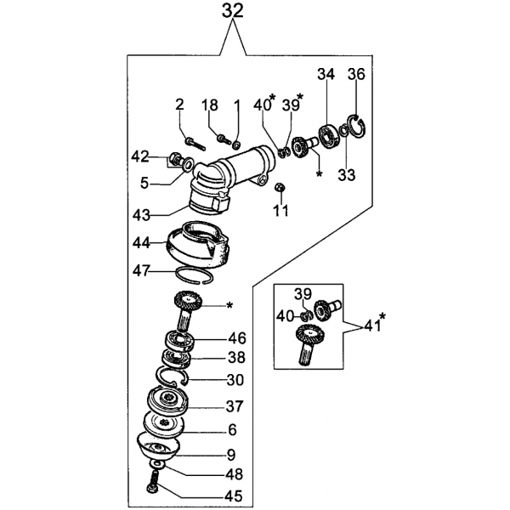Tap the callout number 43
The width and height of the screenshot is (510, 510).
[x=141, y=215]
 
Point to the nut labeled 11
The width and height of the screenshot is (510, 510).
[x=280, y=188]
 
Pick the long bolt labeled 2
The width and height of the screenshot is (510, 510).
[x=195, y=144]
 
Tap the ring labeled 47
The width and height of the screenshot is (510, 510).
[x=195, y=275]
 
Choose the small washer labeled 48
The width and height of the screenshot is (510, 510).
[x=158, y=464]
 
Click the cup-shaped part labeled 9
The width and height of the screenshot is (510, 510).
[x=158, y=446]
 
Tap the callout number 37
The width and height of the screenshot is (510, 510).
[x=235, y=406]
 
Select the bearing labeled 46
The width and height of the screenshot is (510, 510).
[x=180, y=341]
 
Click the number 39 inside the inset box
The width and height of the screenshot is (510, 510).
[x=303, y=294]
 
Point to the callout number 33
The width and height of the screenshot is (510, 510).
[x=347, y=175]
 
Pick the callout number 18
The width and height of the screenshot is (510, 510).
[x=209, y=105]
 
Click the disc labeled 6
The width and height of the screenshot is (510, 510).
[x=164, y=422]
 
